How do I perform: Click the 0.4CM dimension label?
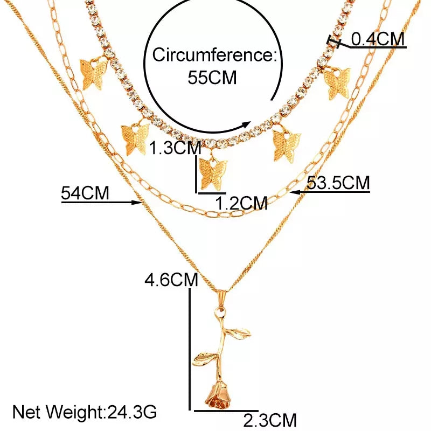pos(378,39)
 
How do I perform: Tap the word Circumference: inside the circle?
pos(214,55)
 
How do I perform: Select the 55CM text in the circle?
pos(212,77)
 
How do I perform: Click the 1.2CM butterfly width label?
pos(241,203)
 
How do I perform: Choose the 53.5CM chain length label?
pos(338,183)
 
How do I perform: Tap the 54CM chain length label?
pos(85,193)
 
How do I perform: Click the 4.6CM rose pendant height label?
pos(171,280)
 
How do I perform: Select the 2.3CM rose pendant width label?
pos(270,420)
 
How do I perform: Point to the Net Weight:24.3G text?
pos(85,412)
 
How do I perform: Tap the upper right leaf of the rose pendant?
pos(238,333)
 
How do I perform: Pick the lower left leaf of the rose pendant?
pos(206,359)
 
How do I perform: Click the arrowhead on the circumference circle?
pos(245,125)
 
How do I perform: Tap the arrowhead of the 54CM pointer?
pos(137,203)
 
